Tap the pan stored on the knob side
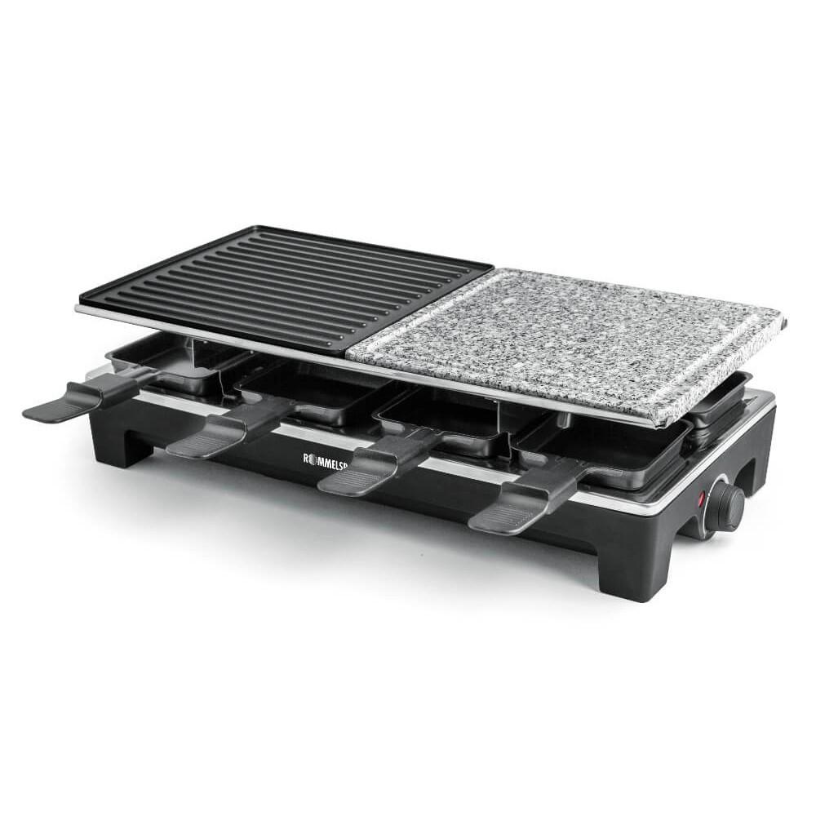click(718, 400)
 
